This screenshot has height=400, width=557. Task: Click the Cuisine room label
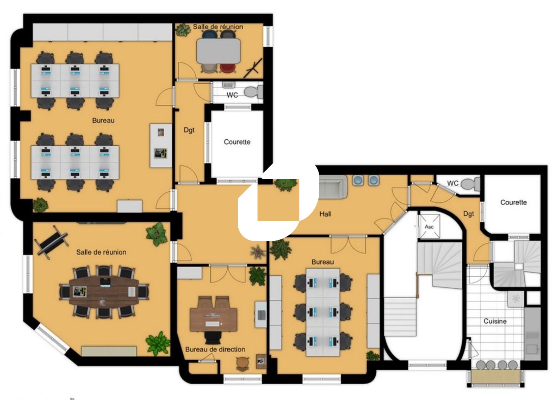[495, 321]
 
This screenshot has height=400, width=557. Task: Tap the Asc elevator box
[429, 226]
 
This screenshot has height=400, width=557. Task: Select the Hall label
[325, 214]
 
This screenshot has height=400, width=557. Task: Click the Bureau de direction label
[215, 349]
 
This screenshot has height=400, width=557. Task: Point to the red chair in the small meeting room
[228, 68]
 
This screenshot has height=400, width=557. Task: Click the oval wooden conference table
[104, 292]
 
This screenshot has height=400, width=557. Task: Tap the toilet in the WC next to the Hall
[470, 184]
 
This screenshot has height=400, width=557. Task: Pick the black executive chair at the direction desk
[213, 338]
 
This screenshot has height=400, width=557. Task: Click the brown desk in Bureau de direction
[213, 320]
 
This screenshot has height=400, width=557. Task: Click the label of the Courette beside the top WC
[237, 142]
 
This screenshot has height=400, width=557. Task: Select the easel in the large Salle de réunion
[52, 241]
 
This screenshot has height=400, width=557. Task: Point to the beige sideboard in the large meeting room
[109, 351]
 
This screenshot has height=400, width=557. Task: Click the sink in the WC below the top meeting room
[228, 85]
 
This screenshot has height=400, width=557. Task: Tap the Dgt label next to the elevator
[469, 214]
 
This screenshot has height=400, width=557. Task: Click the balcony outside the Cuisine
[496, 377]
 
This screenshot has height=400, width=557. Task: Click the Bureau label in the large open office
[103, 121]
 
